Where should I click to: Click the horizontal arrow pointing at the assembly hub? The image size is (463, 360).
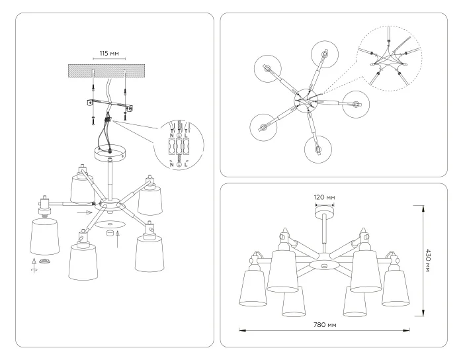(82, 214)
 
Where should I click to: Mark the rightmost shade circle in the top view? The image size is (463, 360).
(357, 104)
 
